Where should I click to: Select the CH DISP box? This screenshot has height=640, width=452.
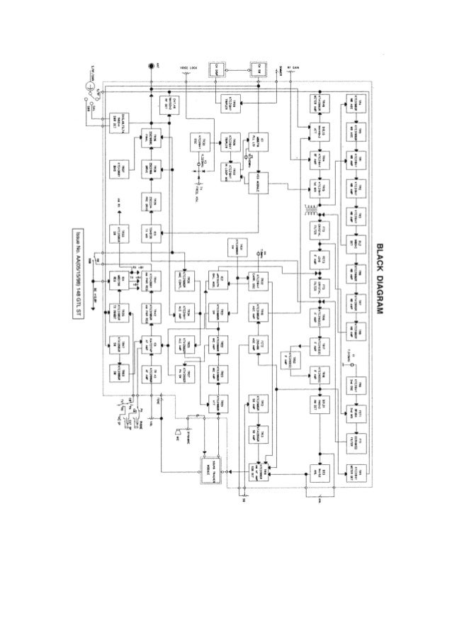click(x=215, y=69)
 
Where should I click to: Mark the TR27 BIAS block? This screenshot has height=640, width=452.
click(x=117, y=168)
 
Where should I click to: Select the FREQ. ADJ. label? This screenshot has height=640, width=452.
click(x=196, y=189)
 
